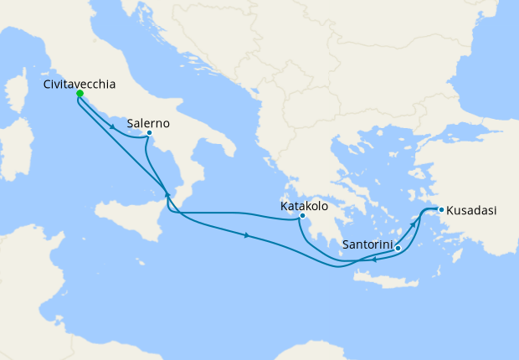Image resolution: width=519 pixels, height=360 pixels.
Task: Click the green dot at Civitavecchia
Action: click(80, 94)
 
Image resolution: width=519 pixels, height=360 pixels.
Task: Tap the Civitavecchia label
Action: click(80, 84)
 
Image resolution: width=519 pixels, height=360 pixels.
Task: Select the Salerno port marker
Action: click(148, 133)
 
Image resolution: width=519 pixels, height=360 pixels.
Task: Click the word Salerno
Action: click(150, 123)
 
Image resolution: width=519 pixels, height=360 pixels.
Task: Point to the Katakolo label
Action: click(304, 204)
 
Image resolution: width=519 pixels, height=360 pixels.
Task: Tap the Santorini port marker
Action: click(398, 248)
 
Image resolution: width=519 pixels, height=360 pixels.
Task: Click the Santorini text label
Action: click(366, 246)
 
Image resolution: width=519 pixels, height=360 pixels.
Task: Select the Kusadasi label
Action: click(471, 210)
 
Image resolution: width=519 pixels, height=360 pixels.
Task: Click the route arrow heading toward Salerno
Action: click(112, 126)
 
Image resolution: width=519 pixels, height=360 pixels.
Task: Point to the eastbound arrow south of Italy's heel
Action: click(247, 236)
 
